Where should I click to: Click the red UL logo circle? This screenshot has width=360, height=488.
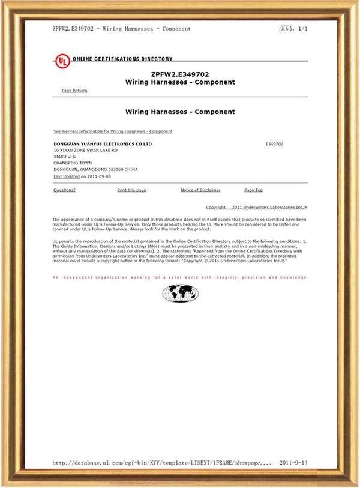(x=62, y=60)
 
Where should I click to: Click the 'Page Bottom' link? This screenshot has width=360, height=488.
(x=74, y=91)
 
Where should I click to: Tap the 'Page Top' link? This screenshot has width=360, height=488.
(x=253, y=190)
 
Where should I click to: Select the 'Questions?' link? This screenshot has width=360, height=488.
(x=64, y=190)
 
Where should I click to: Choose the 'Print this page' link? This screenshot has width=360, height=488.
(x=131, y=190)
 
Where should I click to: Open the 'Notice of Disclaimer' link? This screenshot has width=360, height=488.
(x=200, y=190)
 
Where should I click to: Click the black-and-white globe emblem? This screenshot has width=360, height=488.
(x=180, y=293)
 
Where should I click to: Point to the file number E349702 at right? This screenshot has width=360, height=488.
(x=274, y=145)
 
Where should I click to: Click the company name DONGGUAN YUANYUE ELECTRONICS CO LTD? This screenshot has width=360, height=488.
(x=103, y=145)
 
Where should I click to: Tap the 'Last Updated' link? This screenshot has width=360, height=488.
(x=66, y=177)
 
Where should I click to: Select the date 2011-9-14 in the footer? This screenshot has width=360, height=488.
(x=294, y=463)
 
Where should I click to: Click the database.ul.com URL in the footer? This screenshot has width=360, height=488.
(x=163, y=463)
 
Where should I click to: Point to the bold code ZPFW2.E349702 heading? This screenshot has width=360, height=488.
(x=180, y=74)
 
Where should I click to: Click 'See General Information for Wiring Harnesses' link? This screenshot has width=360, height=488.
(x=113, y=131)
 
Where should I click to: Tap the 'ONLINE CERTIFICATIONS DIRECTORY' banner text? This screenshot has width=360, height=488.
(x=122, y=59)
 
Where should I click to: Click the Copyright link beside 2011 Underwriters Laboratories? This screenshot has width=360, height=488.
(x=216, y=207)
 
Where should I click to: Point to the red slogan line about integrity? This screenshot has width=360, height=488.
(x=180, y=277)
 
